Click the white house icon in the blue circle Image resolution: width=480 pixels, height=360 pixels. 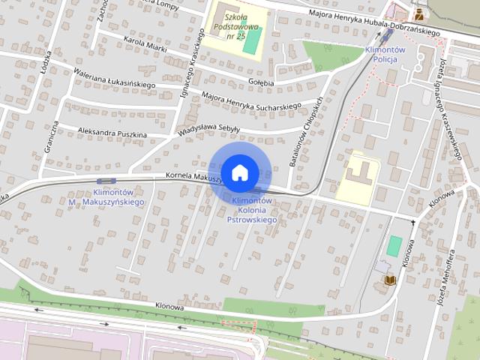pyautogui.click(x=239, y=172)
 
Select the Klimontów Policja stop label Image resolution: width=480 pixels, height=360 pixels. pyautogui.click(x=384, y=53)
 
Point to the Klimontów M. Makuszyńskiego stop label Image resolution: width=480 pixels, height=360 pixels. pyautogui.click(x=106, y=197)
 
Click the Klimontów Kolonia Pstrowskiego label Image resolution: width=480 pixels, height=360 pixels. pyautogui.click(x=251, y=210)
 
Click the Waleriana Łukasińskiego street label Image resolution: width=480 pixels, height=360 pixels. pyautogui.click(x=114, y=78)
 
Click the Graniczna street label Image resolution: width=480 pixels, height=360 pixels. pyautogui.click(x=50, y=137)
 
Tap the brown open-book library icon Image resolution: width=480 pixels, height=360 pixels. pyautogui.click(x=390, y=280)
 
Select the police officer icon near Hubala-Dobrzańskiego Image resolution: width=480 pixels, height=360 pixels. pyautogui.click(x=418, y=13)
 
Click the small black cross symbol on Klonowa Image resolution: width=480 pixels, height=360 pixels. pyautogui.click(x=412, y=221)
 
